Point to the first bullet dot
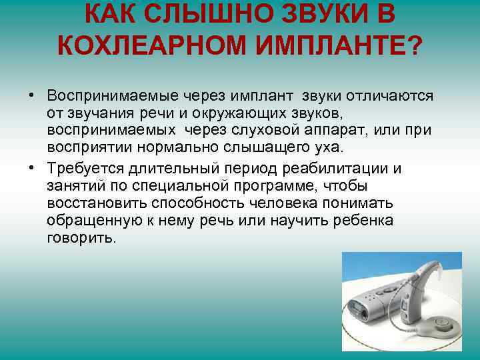[31, 95]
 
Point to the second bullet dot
[31, 168]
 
